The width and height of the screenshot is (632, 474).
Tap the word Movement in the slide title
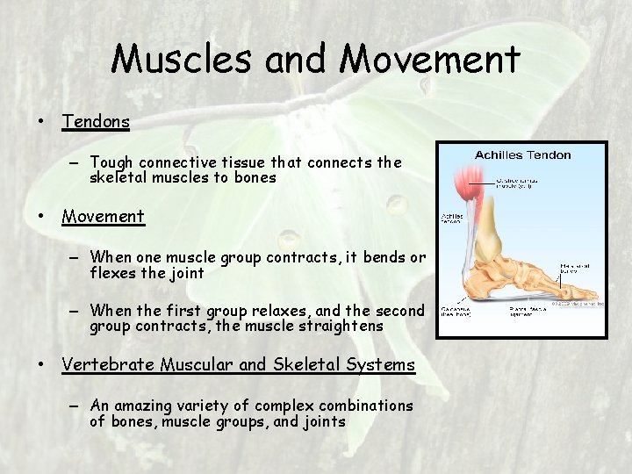tap(430, 60)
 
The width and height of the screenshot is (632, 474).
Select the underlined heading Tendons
tap(96, 121)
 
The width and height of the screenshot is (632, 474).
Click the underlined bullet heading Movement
tap(103, 216)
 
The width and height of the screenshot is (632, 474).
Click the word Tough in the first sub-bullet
tap(111, 162)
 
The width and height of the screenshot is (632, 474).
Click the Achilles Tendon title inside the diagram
tap(522, 155)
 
